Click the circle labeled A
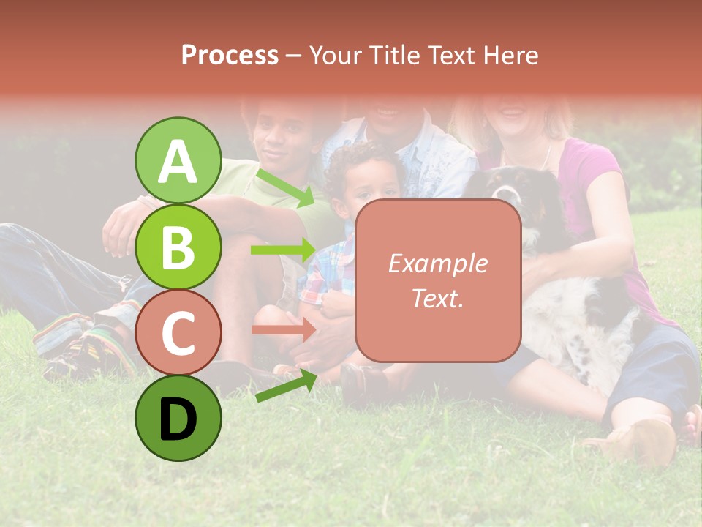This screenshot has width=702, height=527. pyautogui.click(x=178, y=161)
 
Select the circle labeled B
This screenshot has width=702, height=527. pyautogui.click(x=178, y=247)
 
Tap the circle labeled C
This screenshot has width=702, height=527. pyautogui.click(x=178, y=333)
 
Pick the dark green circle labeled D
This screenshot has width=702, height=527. pyautogui.click(x=178, y=419)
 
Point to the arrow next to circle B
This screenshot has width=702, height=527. pyautogui.click(x=283, y=250)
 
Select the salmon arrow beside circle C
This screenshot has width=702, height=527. pyautogui.click(x=283, y=329)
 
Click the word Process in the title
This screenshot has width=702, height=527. pyautogui.click(x=230, y=55)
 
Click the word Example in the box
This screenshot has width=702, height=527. pyautogui.click(x=437, y=263)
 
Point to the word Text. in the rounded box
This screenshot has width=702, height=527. pyautogui.click(x=437, y=298)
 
